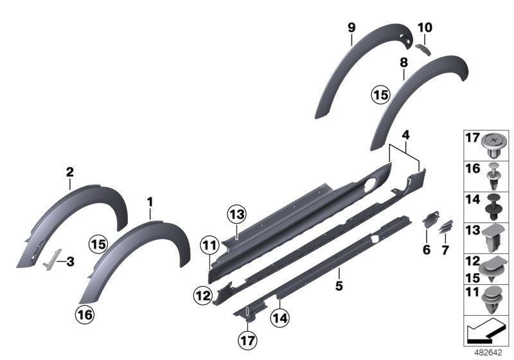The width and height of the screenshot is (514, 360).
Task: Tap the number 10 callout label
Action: pos(425,28)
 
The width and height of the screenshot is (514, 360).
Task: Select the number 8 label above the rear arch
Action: pos(403,62)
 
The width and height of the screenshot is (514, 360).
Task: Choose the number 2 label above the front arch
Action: pos(70,172)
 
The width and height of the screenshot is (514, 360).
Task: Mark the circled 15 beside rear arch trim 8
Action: pos(380,94)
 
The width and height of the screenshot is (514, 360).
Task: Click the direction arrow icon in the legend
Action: pos(487,332)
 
